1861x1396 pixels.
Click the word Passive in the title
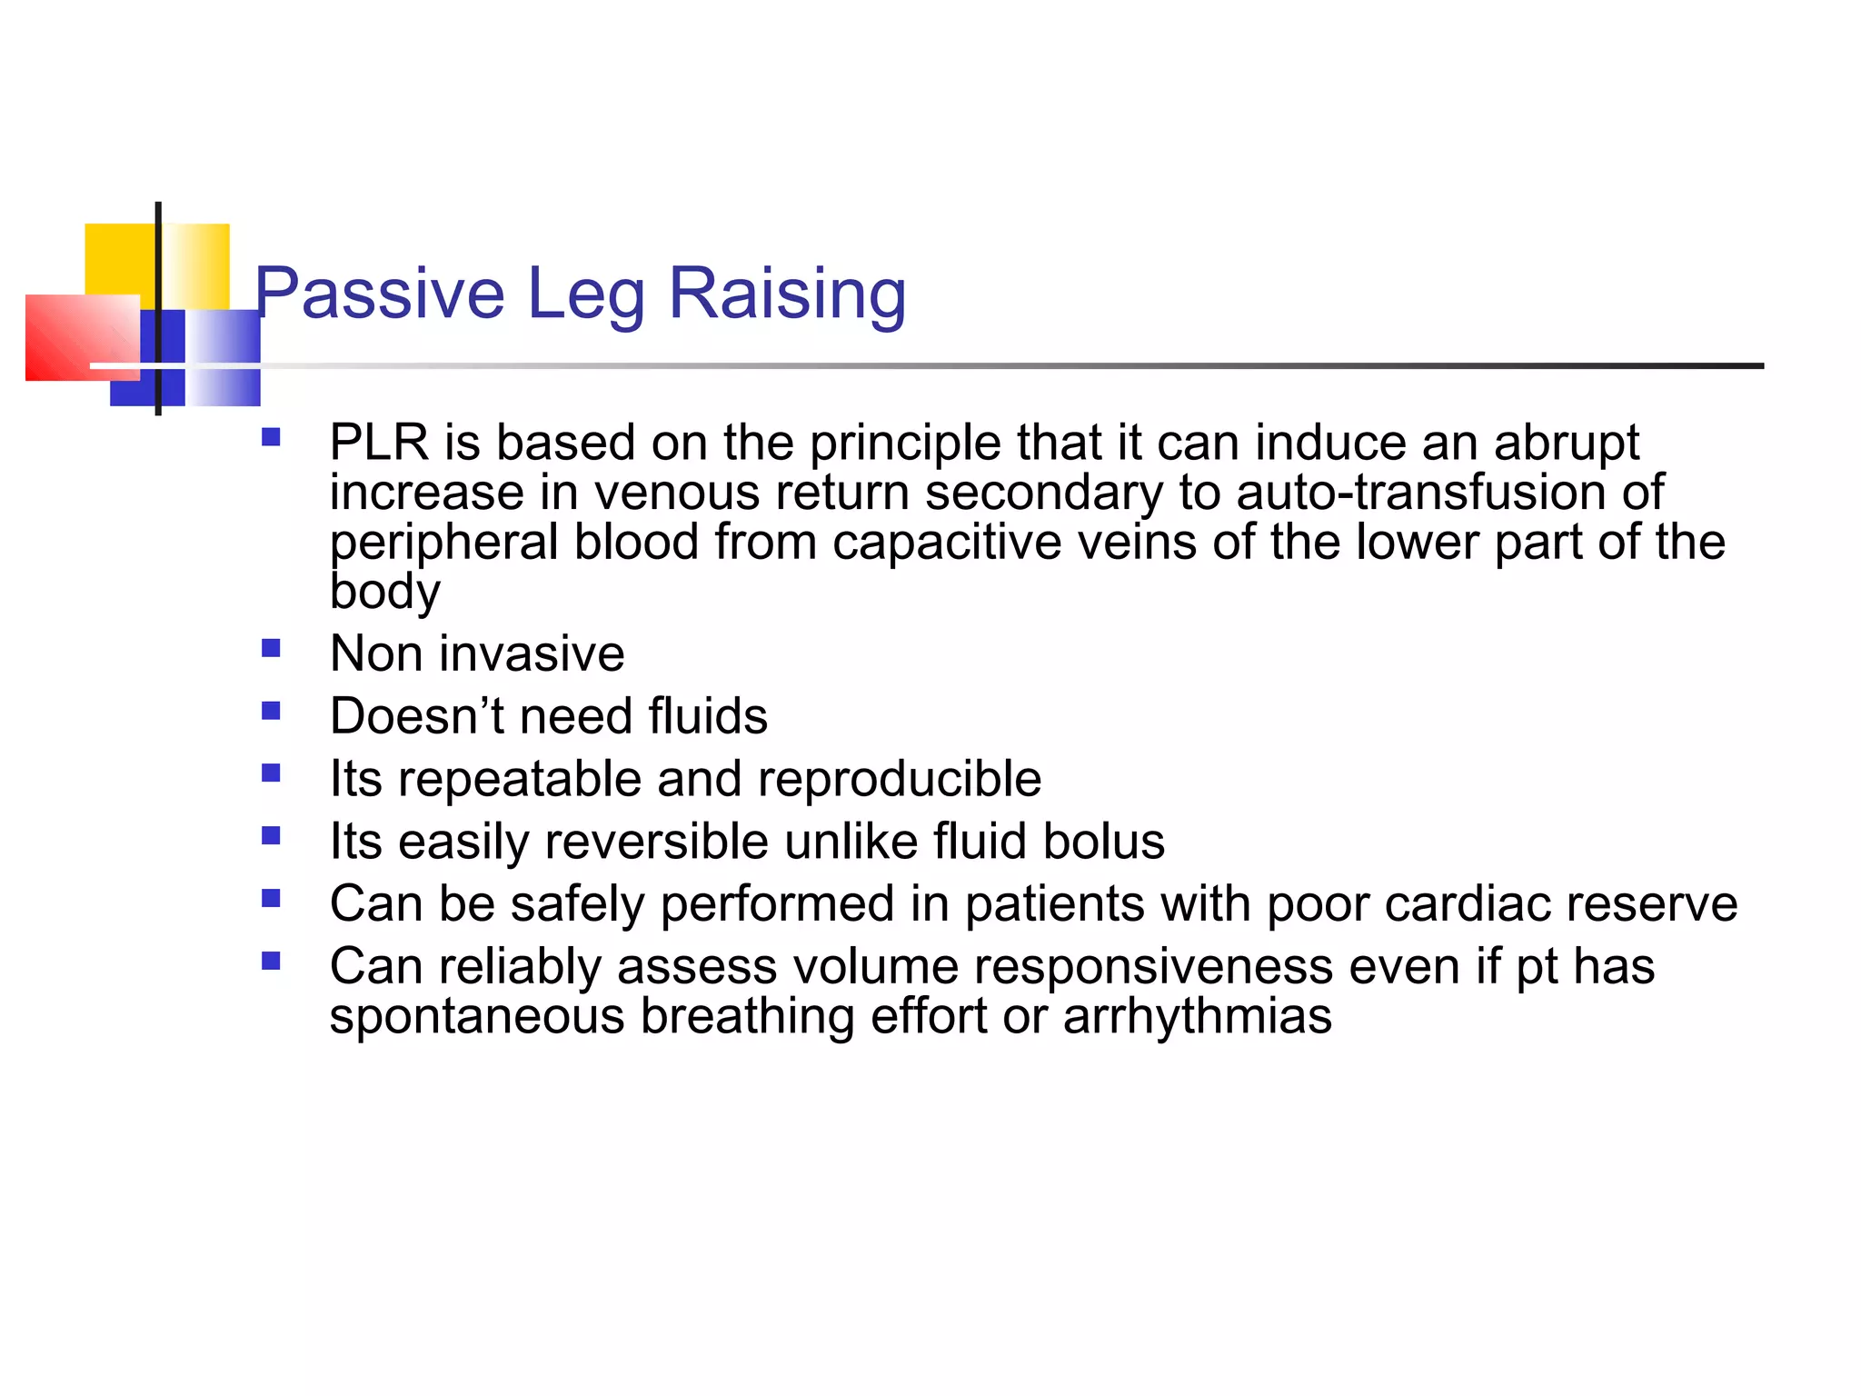pyautogui.click(x=379, y=294)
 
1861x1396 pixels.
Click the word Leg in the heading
pyautogui.click(x=585, y=294)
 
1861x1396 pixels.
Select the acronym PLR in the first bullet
pyautogui.click(x=379, y=443)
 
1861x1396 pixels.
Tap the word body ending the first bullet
pyautogui.click(x=384, y=592)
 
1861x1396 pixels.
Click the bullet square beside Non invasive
pyautogui.click(x=271, y=649)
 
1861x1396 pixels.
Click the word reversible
pyautogui.click(x=656, y=842)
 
